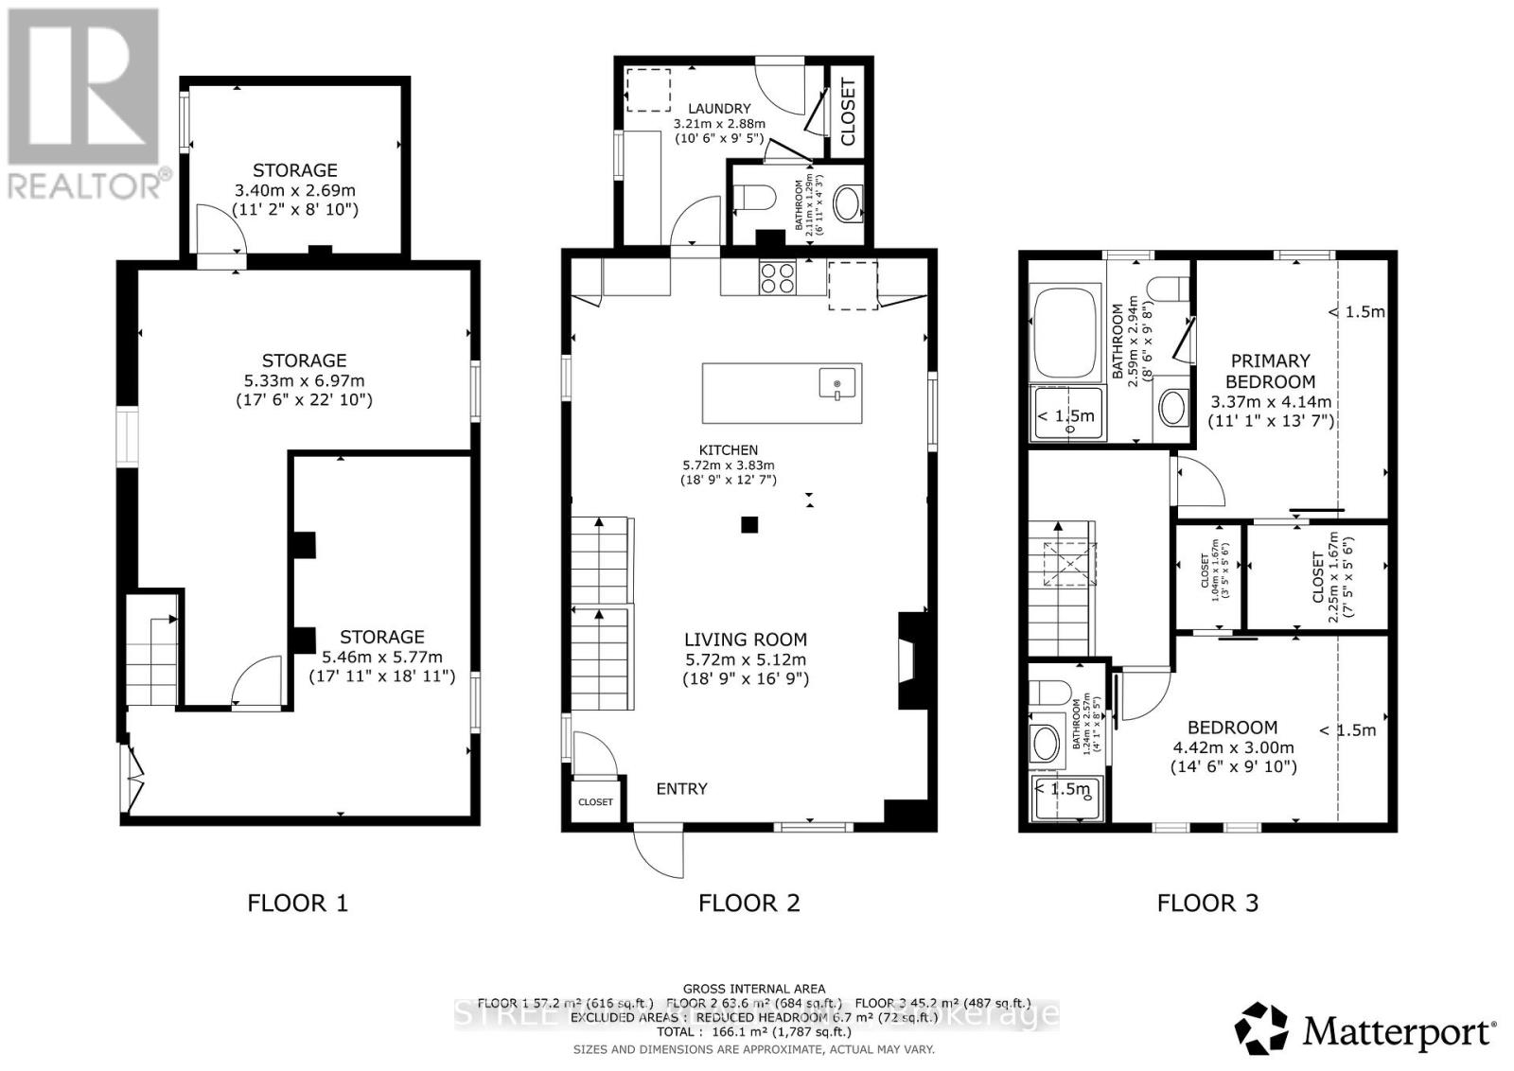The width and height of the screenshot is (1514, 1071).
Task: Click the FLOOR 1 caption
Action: click(x=297, y=903)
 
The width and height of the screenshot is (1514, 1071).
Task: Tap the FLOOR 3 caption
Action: click(x=1207, y=903)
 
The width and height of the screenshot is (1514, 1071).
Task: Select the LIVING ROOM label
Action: click(x=745, y=640)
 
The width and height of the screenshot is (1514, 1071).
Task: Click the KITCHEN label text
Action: click(x=728, y=450)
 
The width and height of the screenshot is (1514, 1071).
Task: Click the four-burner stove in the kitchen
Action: click(x=778, y=276)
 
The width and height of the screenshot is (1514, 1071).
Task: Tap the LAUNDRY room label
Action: click(x=719, y=109)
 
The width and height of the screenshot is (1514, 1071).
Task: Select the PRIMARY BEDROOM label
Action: click(x=1270, y=371)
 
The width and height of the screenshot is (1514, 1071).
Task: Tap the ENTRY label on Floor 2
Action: click(x=681, y=788)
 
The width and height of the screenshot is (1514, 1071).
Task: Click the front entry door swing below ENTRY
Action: click(x=659, y=852)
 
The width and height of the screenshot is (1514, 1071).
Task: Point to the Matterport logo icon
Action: click(x=1261, y=1028)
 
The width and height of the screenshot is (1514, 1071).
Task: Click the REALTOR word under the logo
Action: click(x=85, y=184)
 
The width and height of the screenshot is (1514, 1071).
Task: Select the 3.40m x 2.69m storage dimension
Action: click(x=295, y=190)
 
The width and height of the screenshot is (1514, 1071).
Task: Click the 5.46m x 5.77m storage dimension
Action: click(x=381, y=657)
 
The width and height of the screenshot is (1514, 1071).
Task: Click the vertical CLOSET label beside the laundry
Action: click(x=847, y=112)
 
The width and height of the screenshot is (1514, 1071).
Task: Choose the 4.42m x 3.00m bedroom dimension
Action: click(x=1232, y=746)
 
